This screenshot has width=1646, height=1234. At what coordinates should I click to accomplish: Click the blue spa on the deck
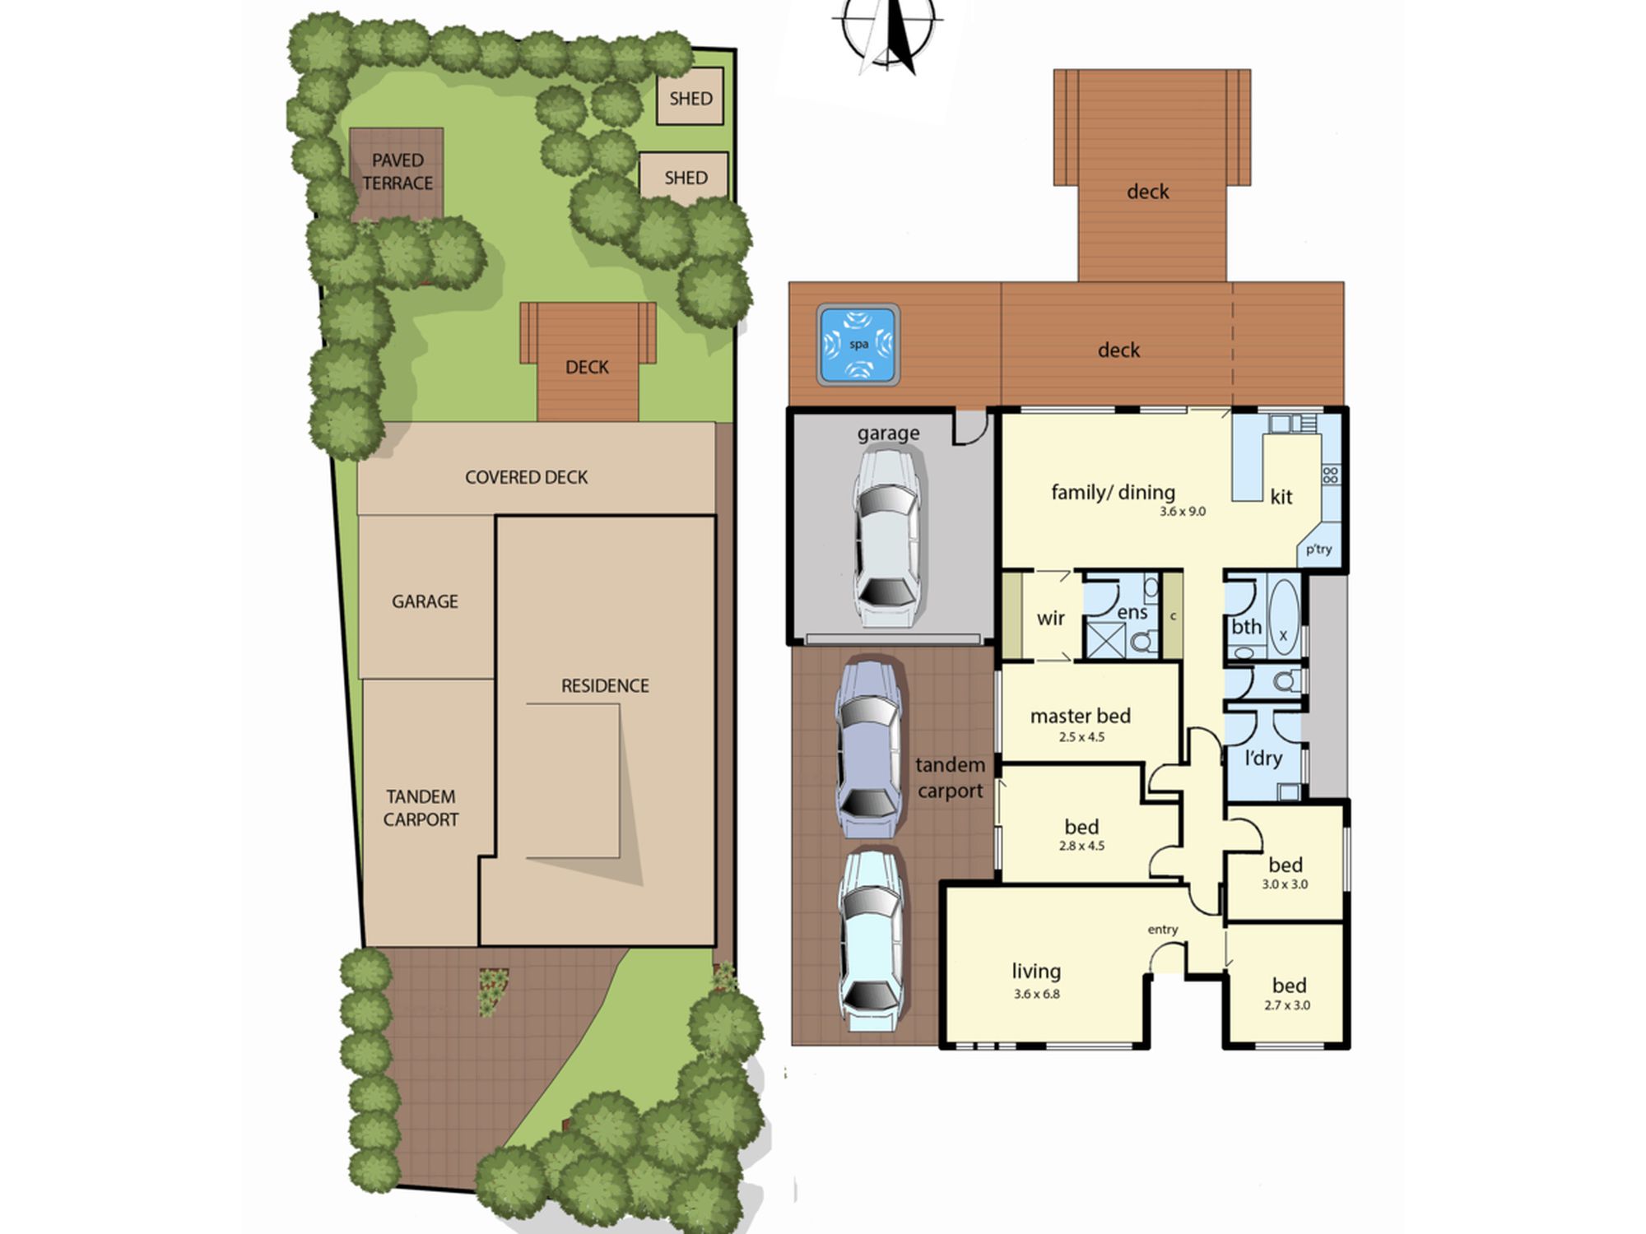click(x=858, y=345)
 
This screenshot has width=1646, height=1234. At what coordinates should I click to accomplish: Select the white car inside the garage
click(x=887, y=536)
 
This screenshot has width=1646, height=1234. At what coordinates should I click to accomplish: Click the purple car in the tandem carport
click(x=869, y=749)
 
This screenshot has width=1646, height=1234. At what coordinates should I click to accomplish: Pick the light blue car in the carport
click(x=872, y=939)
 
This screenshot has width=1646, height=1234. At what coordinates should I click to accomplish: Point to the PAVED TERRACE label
click(x=398, y=172)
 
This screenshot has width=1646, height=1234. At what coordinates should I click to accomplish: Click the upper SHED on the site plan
click(x=690, y=98)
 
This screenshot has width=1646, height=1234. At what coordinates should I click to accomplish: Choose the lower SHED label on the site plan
click(x=686, y=178)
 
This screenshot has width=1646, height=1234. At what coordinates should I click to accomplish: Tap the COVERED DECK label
click(x=526, y=477)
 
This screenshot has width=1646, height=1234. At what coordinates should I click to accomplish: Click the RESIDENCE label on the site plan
click(x=605, y=685)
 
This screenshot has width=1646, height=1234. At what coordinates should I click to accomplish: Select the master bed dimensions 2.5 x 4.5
click(x=1081, y=737)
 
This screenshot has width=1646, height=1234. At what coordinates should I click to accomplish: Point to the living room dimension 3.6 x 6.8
click(x=1037, y=994)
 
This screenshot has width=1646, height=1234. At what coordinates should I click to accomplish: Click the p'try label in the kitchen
click(x=1318, y=550)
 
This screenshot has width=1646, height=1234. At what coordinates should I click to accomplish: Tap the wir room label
click(x=1051, y=619)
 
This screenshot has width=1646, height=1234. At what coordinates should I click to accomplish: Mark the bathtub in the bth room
click(x=1283, y=616)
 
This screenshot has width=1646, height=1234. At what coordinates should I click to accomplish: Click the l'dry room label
click(x=1263, y=758)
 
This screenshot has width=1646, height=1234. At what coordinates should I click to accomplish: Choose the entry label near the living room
click(x=1163, y=930)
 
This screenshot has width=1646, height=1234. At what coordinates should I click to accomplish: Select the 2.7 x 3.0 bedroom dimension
click(x=1287, y=1005)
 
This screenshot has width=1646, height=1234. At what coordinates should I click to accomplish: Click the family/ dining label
click(x=1113, y=492)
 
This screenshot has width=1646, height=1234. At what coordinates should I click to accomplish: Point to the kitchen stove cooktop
click(x=1331, y=475)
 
